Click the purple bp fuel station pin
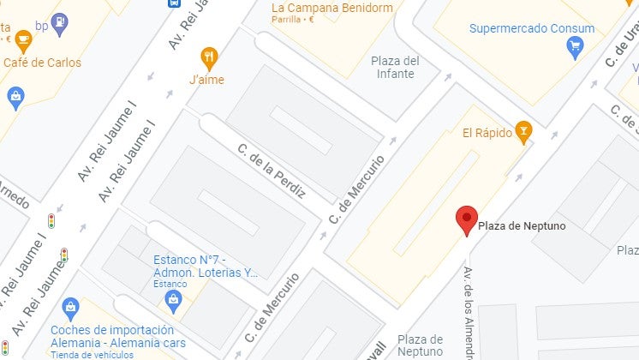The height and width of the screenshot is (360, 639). pos(59,24)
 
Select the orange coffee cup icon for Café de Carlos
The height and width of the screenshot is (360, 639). pos(23,39)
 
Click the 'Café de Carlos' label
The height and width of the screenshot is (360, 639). pos(42,63)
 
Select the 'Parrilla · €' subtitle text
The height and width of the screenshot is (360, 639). pos(293,21)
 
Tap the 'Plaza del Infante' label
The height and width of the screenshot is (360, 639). pos(395,67)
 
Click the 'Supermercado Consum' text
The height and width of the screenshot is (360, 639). pos(532,28)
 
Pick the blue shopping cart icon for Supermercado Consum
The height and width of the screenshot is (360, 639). pos(576,47)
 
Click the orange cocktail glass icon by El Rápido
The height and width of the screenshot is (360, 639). pos(523,131)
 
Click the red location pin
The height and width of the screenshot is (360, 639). pos(466,219)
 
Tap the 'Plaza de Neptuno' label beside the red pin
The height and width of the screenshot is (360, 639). pos(521,226)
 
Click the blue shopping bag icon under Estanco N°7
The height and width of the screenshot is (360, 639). pos(174,299)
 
